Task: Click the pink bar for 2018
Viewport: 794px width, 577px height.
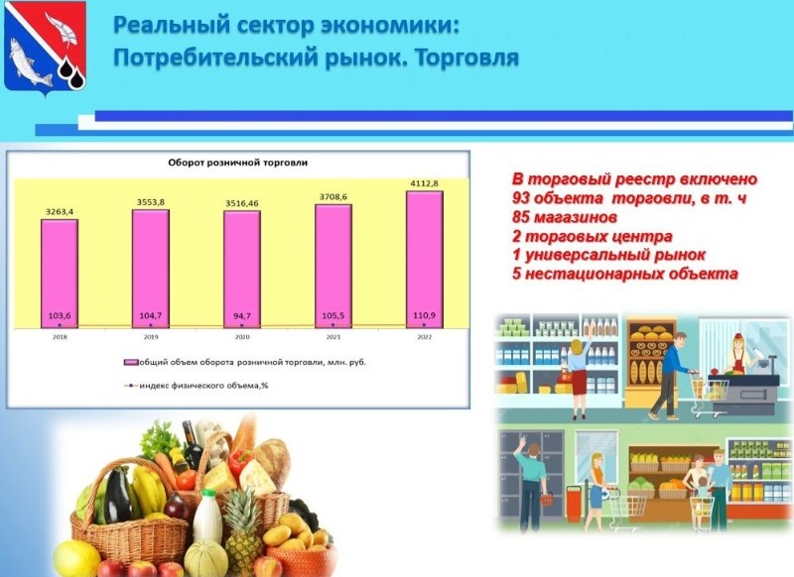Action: click(60, 274)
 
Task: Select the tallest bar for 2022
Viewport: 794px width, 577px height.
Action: click(425, 260)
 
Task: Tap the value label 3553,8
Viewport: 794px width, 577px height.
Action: click(151, 202)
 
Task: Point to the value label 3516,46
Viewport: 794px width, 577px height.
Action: click(242, 203)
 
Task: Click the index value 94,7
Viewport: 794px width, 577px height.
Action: click(242, 316)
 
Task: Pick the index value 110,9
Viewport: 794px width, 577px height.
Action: click(425, 315)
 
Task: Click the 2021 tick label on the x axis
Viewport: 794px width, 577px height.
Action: click(333, 337)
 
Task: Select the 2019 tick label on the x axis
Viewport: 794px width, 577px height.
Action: click(151, 337)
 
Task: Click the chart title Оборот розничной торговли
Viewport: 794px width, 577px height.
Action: click(238, 163)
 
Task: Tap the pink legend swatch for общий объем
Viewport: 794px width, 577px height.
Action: click(131, 363)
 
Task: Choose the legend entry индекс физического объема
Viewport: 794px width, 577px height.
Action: click(197, 386)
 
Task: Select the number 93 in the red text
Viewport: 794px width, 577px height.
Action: click(521, 198)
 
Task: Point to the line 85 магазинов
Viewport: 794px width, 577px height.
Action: click(565, 217)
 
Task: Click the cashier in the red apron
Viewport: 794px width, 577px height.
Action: click(737, 353)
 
